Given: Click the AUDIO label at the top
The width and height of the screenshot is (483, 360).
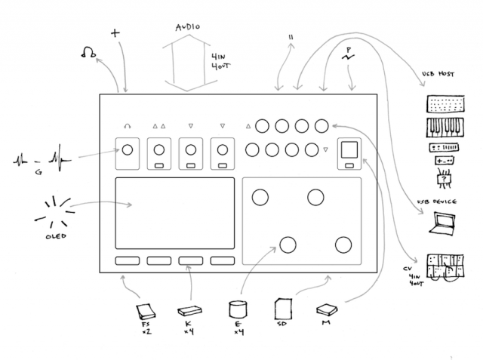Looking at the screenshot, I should point(188,27).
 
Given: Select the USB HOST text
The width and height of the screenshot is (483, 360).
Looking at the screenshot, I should point(438,75).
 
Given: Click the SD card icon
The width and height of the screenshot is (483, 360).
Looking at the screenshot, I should point(283,309).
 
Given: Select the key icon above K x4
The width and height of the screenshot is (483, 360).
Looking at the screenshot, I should point(189,309).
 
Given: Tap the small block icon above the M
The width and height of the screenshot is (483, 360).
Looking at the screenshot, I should point(327,309).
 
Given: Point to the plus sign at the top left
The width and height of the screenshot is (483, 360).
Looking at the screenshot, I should point(115,33).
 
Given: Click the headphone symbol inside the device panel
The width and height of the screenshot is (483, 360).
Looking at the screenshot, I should point(127,126).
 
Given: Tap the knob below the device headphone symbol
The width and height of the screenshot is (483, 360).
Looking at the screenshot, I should point(127,149).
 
